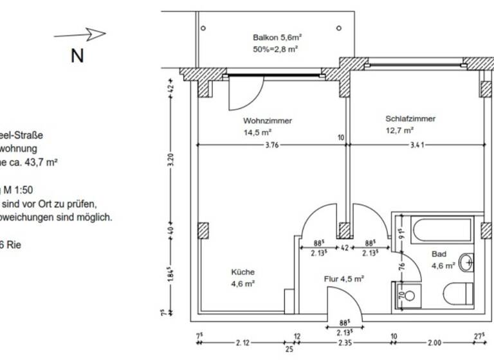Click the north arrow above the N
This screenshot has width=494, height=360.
click(x=80, y=34)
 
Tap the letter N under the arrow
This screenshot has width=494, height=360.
click(x=77, y=56)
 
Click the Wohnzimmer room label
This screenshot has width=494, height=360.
click(x=268, y=121)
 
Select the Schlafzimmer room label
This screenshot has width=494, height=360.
click(x=410, y=119)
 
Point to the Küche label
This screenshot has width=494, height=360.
click(x=242, y=272)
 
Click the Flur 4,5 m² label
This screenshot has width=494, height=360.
click(x=344, y=279)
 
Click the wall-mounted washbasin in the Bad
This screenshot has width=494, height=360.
click(x=468, y=262)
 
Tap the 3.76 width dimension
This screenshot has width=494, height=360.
click(x=271, y=145)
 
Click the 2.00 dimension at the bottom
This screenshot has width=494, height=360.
click(x=436, y=343)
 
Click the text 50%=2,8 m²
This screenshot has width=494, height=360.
click(x=276, y=49)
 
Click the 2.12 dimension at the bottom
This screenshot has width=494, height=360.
click(x=244, y=343)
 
